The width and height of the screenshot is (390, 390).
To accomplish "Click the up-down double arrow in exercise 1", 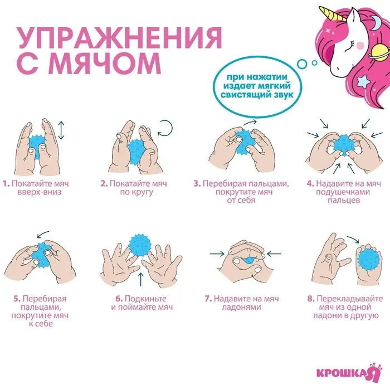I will point(61,131).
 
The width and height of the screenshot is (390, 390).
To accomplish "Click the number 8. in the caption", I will point(310,298).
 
